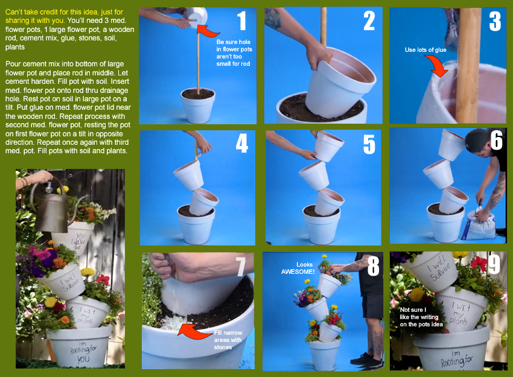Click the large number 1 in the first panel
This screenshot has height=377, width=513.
pyautogui.click(x=242, y=21)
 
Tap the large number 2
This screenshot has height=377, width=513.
pyautogui.click(x=369, y=21)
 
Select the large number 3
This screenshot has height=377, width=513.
pyautogui.click(x=495, y=21)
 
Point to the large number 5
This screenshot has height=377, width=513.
pyautogui.click(x=369, y=144)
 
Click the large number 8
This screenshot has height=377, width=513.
pyautogui.click(x=374, y=266)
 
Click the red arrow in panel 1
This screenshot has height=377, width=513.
pyautogui.click(x=208, y=30)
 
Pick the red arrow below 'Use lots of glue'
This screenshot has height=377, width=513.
pyautogui.click(x=436, y=65)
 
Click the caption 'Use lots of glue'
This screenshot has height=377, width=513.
pyautogui.click(x=425, y=49)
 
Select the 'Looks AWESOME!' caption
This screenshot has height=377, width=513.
pyautogui.click(x=298, y=268)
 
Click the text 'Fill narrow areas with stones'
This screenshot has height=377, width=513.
pyautogui.click(x=228, y=340)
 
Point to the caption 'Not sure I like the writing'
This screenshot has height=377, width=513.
pyautogui.click(x=419, y=313)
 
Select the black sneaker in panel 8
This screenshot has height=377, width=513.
pyautogui.click(x=366, y=359)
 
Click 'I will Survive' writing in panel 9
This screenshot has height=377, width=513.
pyautogui.click(x=440, y=268)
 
